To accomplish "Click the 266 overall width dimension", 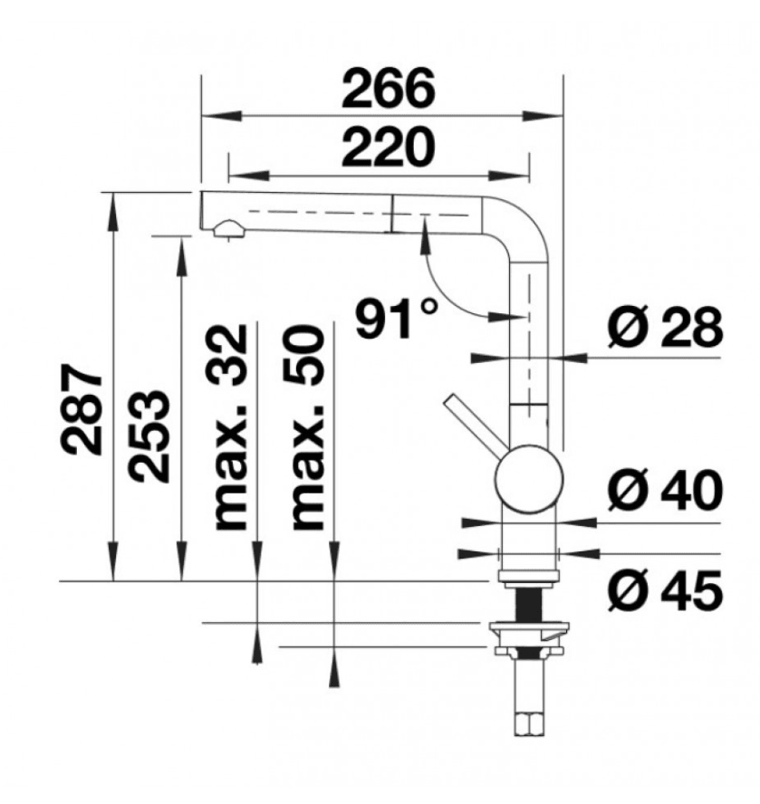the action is click(x=388, y=89).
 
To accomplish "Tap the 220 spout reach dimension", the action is click(x=388, y=148).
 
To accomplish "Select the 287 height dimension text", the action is click(x=82, y=409).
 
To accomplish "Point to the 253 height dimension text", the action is click(x=149, y=436).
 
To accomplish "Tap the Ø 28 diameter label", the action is click(x=666, y=327).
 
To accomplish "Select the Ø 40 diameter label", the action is click(x=666, y=490).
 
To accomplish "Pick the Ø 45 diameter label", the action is click(x=666, y=590).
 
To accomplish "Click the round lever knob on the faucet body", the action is click(x=529, y=479).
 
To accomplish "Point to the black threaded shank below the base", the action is click(x=529, y=604).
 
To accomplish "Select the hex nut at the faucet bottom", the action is click(x=529, y=724).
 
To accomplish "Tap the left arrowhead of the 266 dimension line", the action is click(x=222, y=116).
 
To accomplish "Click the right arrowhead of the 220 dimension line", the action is click(x=508, y=176).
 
